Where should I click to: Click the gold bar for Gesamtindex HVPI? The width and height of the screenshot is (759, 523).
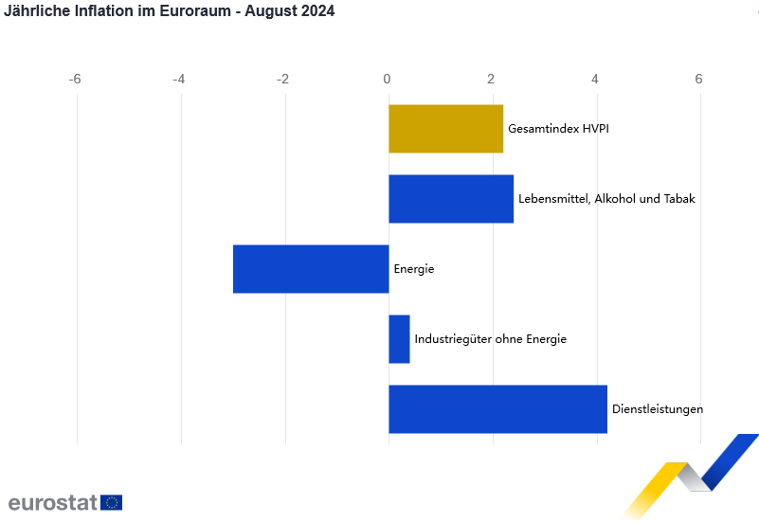tap(445, 129)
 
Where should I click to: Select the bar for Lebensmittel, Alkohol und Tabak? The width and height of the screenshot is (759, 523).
tap(451, 199)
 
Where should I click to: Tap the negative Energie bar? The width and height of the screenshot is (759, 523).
tap(311, 269)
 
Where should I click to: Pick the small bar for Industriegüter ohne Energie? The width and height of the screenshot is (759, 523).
tap(399, 339)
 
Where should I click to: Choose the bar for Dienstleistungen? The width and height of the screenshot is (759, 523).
tap(497, 409)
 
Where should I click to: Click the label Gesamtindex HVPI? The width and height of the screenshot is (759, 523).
tap(558, 129)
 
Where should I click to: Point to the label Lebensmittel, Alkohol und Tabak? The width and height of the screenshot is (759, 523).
tap(606, 199)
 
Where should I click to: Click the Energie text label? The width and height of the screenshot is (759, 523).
tap(414, 269)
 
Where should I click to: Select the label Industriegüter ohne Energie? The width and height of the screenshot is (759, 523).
tap(490, 339)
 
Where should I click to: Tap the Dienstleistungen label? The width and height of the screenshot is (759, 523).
tap(658, 409)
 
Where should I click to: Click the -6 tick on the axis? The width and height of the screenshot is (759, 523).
tap(75, 79)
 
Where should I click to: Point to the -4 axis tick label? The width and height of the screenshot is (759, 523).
tap(179, 79)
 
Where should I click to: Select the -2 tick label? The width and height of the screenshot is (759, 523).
tap(282, 79)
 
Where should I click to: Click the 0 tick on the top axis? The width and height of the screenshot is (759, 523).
tap(388, 79)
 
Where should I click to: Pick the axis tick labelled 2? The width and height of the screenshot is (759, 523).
tap(491, 79)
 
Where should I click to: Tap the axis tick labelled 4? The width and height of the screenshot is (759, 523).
tap(595, 79)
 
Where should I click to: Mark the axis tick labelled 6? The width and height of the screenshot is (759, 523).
tap(698, 79)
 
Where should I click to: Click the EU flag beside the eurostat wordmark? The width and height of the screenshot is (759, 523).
tap(112, 502)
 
